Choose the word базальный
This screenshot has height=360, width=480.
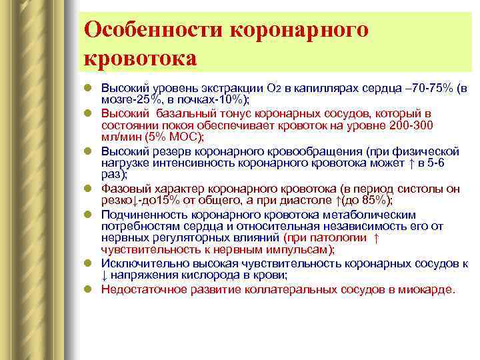click(175, 113)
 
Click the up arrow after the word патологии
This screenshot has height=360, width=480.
click(377, 238)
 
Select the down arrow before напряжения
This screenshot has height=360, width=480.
click(105, 276)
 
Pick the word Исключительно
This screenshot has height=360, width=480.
click(139, 264)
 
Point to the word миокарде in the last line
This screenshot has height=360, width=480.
click(428, 289)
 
